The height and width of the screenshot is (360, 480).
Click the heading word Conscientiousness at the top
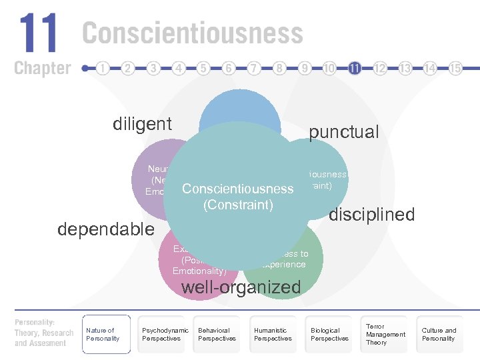pos(193,33)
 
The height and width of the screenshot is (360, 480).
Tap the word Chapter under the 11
pos(42,67)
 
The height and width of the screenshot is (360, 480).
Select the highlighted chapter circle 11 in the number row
pos(355,68)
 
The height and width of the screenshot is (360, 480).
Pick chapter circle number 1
pos(103,68)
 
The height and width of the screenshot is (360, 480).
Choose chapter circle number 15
pos(455,68)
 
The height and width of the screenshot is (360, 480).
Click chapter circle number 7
pos(254,68)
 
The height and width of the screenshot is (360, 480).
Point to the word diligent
pos(142,124)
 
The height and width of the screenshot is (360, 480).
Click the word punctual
pos(343,132)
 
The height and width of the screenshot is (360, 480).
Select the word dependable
pos(106,229)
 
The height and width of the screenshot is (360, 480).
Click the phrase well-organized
pos(241,287)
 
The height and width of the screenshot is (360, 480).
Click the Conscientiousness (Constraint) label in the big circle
pos(238,197)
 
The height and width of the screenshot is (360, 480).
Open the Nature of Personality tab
pos(104,334)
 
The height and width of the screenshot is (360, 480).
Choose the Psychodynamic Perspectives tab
pos(165,334)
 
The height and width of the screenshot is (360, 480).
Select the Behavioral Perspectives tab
pos(217,334)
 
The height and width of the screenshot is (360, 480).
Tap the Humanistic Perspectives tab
pos(273,334)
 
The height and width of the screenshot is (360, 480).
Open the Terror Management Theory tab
pos(385,334)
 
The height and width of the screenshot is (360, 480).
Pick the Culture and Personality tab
pos(439,334)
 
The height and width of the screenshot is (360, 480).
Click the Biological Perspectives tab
pos(329,334)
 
